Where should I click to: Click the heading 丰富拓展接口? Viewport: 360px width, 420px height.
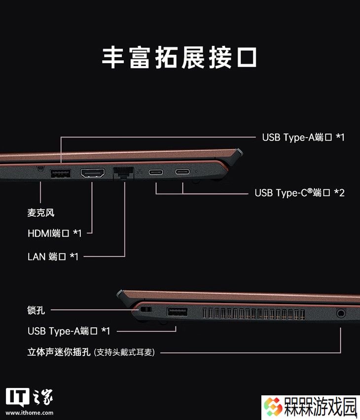pyautogui.click(x=180, y=58)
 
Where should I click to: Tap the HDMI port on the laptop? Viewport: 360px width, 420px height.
pyautogui.click(x=93, y=173)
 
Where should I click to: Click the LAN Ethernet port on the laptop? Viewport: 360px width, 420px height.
pyautogui.click(x=124, y=173)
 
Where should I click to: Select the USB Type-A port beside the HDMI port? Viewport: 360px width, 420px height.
pyautogui.click(x=61, y=174)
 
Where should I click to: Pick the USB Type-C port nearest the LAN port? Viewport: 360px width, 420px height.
pyautogui.click(x=156, y=172)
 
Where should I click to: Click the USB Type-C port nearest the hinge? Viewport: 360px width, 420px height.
pyautogui.click(x=182, y=172)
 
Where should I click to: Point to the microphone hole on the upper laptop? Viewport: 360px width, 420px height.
pyautogui.click(x=40, y=169)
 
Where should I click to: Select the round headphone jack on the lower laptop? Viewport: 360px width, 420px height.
pyautogui.click(x=341, y=313)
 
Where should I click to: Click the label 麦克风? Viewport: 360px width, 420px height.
pyautogui.click(x=41, y=212)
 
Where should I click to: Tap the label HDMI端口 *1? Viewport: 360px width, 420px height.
pyautogui.click(x=54, y=233)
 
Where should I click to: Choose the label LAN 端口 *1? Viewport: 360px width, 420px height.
pyautogui.click(x=53, y=257)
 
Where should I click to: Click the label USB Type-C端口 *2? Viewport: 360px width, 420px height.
pyautogui.click(x=299, y=193)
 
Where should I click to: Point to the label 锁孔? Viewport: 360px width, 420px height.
pyautogui.click(x=36, y=310)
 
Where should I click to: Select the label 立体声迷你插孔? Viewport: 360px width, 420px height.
pyautogui.click(x=59, y=352)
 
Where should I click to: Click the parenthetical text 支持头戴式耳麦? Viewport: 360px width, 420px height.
pyautogui.click(x=124, y=352)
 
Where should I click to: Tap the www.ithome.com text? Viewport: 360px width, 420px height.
pyautogui.click(x=30, y=413)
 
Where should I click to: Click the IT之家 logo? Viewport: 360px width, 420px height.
pyautogui.click(x=30, y=398)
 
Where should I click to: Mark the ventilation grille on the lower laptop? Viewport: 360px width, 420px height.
pyautogui.click(x=253, y=314)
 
